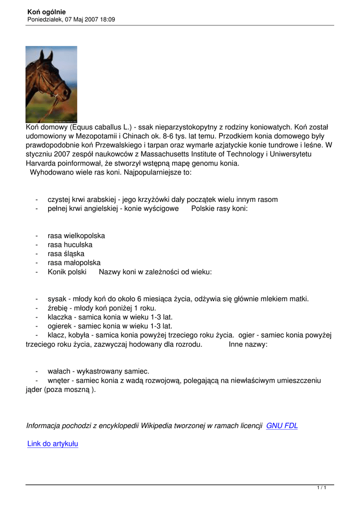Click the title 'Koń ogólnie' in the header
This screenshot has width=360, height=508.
point(47,12)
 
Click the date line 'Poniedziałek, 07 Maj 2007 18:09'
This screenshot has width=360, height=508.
point(71,19)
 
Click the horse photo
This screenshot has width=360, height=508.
point(51,84)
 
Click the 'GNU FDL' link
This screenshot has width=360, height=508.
point(282,426)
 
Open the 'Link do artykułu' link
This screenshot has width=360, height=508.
point(53,444)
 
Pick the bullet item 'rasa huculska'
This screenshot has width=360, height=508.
point(70,245)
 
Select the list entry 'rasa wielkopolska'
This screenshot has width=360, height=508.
point(76,236)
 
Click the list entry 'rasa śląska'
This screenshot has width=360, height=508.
point(66,254)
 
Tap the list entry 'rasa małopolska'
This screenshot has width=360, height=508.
point(74,262)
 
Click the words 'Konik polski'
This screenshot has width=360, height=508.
point(67,272)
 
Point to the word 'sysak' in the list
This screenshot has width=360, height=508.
point(57,299)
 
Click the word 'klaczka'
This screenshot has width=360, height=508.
point(60,317)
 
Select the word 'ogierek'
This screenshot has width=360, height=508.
point(60,326)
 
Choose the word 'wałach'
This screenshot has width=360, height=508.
point(59,371)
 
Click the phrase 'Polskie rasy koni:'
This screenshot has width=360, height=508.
point(219,208)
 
